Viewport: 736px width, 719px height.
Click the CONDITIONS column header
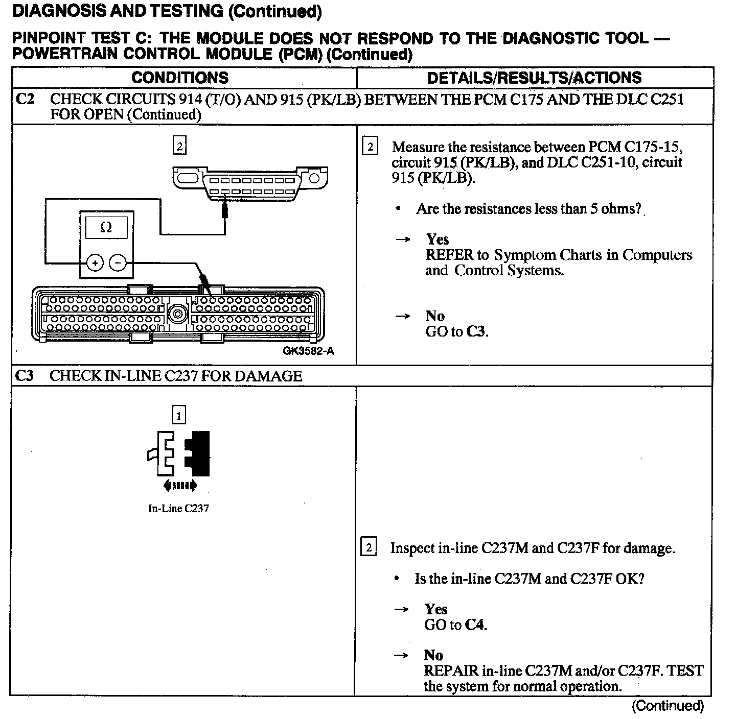click(180, 78)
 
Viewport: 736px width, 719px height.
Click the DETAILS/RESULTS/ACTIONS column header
click(534, 78)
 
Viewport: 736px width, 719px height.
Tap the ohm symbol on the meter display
click(106, 227)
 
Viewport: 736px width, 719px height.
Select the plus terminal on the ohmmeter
click(95, 263)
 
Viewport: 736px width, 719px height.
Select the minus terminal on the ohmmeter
click(118, 263)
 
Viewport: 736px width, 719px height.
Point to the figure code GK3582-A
click(308, 351)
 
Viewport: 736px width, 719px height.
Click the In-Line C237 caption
click(178, 509)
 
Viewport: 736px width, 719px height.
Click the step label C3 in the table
click(25, 376)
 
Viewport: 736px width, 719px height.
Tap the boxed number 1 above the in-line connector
click(179, 416)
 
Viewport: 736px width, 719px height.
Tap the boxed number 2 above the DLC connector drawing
click(179, 147)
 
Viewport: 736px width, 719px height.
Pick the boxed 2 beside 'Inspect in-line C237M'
click(369, 548)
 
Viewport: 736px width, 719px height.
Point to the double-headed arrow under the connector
click(179, 486)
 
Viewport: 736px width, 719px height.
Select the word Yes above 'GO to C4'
click(435, 609)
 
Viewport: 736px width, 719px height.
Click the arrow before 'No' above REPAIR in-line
click(402, 656)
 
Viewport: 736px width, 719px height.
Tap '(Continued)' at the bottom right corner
click(668, 706)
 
